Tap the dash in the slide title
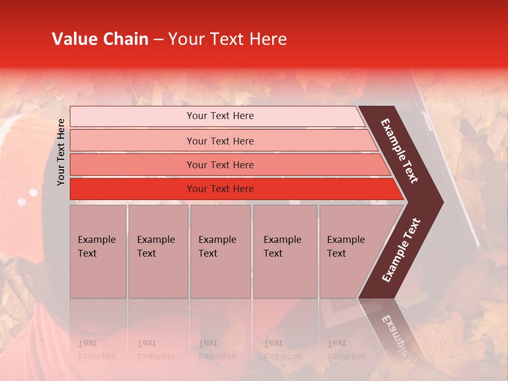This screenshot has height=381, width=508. click(x=158, y=40)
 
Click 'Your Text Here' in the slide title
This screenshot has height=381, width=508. click(x=228, y=39)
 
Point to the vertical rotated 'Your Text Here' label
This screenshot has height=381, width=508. click(x=61, y=152)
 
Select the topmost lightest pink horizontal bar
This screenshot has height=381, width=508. click(x=217, y=116)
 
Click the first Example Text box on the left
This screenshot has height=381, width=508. click(x=98, y=251)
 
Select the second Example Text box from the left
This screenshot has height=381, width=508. click(x=158, y=251)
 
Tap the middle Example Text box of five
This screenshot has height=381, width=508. click(x=220, y=251)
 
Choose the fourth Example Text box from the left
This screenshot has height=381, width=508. click(x=285, y=251)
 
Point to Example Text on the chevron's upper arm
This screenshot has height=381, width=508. click(x=400, y=151)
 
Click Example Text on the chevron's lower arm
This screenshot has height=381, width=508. click(x=401, y=250)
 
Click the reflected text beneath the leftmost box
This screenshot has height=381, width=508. click(x=96, y=350)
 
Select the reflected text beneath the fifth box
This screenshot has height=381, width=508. click(x=346, y=350)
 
